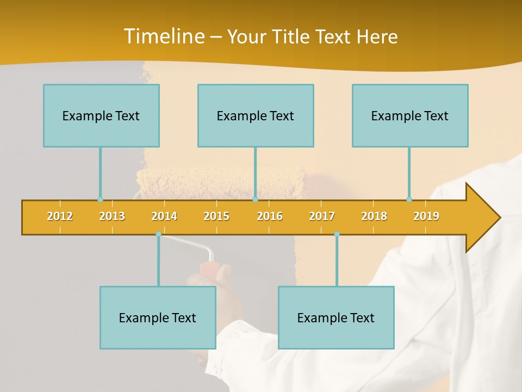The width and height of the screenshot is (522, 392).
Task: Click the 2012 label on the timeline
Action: pyautogui.click(x=60, y=216)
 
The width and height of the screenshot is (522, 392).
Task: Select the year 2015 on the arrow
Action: pyautogui.click(x=216, y=216)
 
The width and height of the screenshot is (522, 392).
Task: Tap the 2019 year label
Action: pyautogui.click(x=426, y=216)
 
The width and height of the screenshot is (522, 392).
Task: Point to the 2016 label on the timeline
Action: pyautogui.click(x=270, y=216)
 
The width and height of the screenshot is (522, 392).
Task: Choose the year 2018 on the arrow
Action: pyautogui.click(x=374, y=216)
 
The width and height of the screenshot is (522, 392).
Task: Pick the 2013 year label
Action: pyautogui.click(x=112, y=216)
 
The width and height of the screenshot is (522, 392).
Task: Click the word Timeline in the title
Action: pyautogui.click(x=163, y=36)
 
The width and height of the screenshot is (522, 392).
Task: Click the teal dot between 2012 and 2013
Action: pyautogui.click(x=100, y=200)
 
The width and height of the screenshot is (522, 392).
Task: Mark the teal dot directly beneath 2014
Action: pyautogui.click(x=158, y=234)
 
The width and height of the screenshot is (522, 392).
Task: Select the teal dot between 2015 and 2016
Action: pyautogui.click(x=255, y=200)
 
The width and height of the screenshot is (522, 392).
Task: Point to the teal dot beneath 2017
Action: pyautogui.click(x=337, y=234)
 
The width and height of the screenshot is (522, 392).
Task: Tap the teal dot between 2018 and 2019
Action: pyautogui.click(x=409, y=200)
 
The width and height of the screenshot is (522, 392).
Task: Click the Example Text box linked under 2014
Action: pyautogui.click(x=158, y=317)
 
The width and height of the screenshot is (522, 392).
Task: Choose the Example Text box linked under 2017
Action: pyautogui.click(x=336, y=317)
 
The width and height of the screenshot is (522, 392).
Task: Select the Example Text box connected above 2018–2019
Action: pyautogui.click(x=410, y=115)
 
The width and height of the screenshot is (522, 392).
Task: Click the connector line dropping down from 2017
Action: pyautogui.click(x=337, y=261)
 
